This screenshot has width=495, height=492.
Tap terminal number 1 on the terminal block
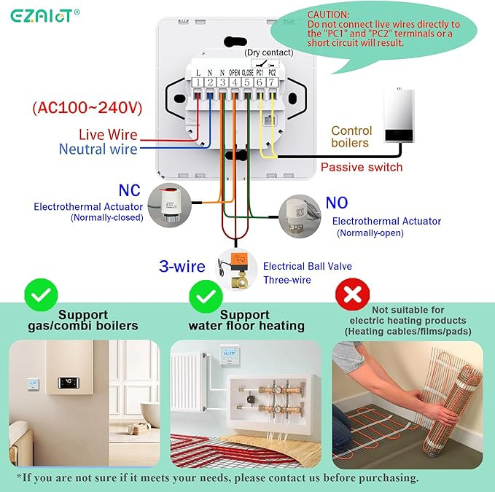pyautogui.click(x=198, y=82)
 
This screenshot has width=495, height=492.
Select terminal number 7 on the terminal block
pyautogui.click(x=271, y=82)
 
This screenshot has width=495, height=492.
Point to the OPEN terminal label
pyautogui.click(x=234, y=73)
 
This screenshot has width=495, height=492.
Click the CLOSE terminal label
pyautogui.click(x=248, y=73)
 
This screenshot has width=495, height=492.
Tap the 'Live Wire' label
pyautogui.click(x=108, y=135)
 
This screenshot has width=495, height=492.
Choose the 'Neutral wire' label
pyautogui.click(x=98, y=149)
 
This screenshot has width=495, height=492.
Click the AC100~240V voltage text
pyautogui.click(x=87, y=108)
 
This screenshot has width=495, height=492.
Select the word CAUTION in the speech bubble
pyautogui.click(x=328, y=15)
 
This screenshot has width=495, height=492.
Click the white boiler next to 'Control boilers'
pyautogui.click(x=399, y=115)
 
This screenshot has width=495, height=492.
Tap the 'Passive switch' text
pyautogui.click(x=362, y=167)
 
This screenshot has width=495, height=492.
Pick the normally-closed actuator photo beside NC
pyautogui.click(x=170, y=205)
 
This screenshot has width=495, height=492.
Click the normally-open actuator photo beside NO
pyautogui.click(x=300, y=216)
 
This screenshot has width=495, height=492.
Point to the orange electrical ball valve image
pyautogui.click(x=235, y=269)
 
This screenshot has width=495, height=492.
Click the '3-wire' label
pyautogui.click(x=182, y=266)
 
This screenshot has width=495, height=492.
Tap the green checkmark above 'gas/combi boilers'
pyautogui.click(x=41, y=295)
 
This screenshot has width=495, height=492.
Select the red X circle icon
pyautogui.click(x=352, y=294)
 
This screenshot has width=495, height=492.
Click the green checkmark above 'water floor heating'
pyautogui.click(x=206, y=297)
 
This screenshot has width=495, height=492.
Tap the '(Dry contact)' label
pyautogui.click(x=269, y=52)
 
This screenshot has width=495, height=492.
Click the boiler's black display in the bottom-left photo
pyautogui.click(x=69, y=383)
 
